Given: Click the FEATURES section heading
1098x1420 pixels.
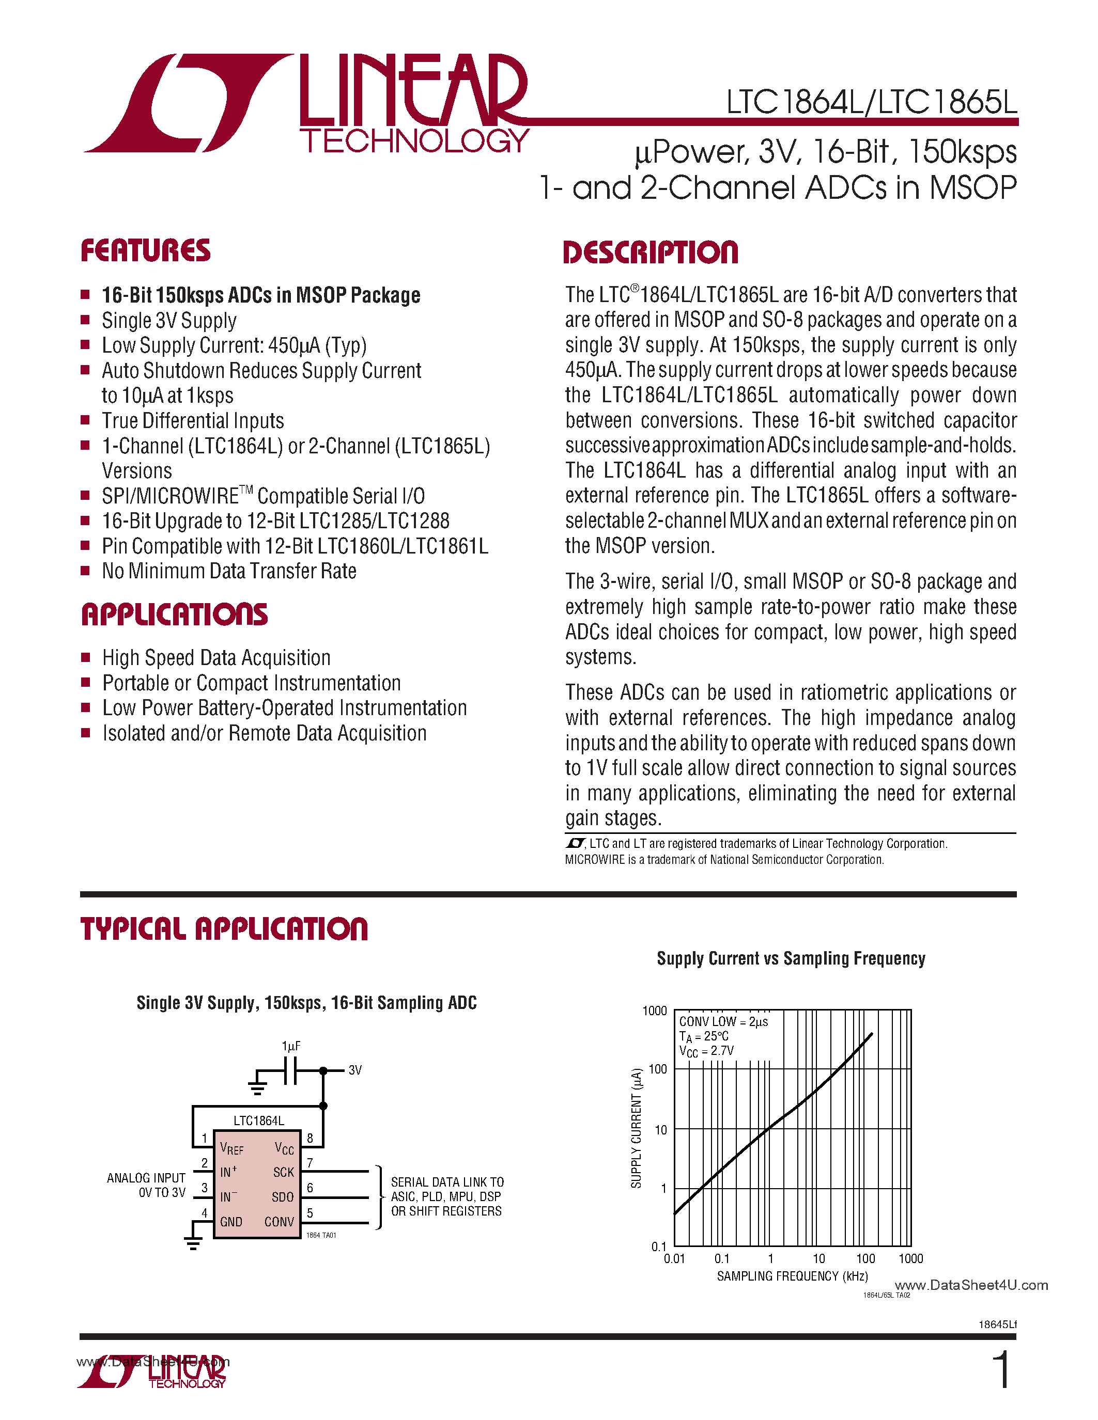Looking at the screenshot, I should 145,251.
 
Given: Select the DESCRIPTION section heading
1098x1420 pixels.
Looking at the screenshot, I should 650,253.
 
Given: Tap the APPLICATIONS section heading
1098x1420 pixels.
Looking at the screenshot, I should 174,614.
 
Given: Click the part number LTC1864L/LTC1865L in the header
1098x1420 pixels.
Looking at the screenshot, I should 871,103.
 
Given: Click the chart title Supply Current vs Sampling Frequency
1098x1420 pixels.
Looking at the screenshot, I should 791,958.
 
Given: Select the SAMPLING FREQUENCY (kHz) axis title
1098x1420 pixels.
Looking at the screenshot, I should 792,1276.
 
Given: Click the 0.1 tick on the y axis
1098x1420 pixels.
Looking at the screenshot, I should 659,1247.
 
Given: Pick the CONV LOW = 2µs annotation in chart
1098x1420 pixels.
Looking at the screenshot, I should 723,1021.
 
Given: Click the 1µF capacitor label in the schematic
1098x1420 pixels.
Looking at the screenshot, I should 291,1046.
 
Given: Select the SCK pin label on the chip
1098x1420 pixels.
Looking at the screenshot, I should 284,1172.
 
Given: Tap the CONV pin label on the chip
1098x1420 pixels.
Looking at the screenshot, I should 279,1222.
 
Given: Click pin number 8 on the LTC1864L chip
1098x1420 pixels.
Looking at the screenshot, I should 310,1139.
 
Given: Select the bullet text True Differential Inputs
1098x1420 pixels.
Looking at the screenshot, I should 193,421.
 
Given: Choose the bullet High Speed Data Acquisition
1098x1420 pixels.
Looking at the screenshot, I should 216,658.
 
